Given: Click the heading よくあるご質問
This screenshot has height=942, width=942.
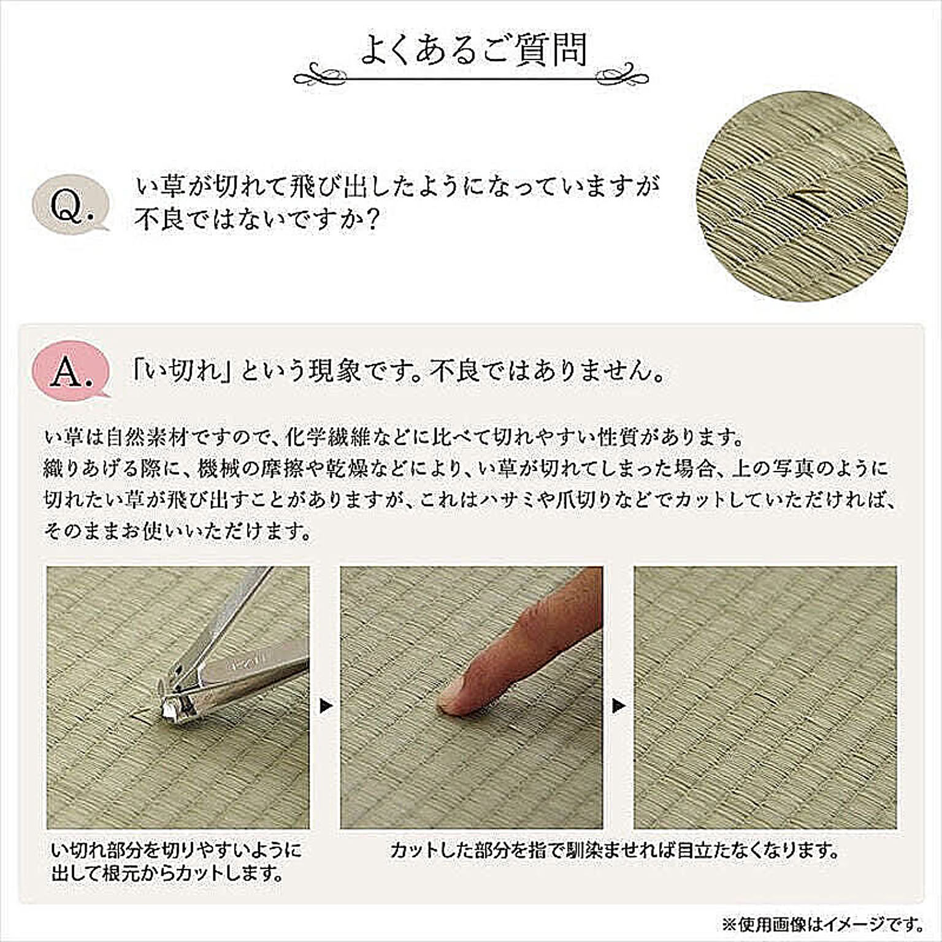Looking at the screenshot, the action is point(473,50).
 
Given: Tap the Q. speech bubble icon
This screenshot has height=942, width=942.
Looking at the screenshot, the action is point(72,205).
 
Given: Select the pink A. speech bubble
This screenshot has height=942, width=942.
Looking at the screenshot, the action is point(72,370).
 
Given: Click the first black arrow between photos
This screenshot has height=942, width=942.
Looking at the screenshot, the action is point(326,706).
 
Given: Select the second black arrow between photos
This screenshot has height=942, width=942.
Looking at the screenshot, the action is point(619,706).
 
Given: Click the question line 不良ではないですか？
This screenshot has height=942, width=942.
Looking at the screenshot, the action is point(255,219).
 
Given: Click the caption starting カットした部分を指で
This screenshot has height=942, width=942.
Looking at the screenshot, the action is point(614,851).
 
